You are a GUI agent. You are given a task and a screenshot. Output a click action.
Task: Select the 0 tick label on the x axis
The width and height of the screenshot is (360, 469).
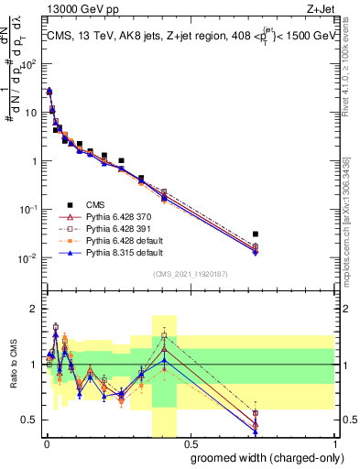pos(46,444)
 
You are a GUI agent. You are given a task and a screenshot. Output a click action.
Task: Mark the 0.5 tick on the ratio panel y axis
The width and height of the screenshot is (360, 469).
pos(31,420)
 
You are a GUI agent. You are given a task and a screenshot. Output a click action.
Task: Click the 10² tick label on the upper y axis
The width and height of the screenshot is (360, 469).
pos(31,65)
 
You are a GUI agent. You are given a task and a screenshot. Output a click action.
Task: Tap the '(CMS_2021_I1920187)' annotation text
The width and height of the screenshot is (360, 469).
pos(190,274)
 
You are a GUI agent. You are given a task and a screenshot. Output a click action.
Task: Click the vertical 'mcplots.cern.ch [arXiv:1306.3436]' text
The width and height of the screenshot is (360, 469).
pos(351,211)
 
